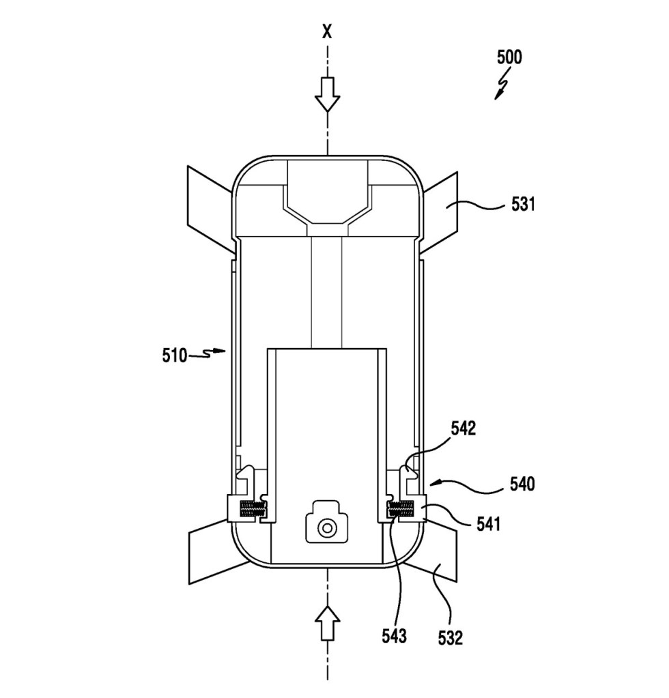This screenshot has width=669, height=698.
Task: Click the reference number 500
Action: tap(509, 57)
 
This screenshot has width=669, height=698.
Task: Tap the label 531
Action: tap(523, 204)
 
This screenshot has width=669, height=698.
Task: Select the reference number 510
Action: tap(174, 355)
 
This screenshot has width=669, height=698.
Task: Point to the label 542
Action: tap(464, 428)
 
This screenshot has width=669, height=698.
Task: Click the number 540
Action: tap(522, 484)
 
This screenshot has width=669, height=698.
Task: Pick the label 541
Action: tap(488, 524)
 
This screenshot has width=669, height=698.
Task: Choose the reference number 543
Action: tap(394, 636)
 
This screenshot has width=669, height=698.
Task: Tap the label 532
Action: tap(451, 638)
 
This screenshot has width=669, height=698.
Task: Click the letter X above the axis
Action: tap(328, 31)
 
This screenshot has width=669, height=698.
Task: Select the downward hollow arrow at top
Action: tap(328, 94)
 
